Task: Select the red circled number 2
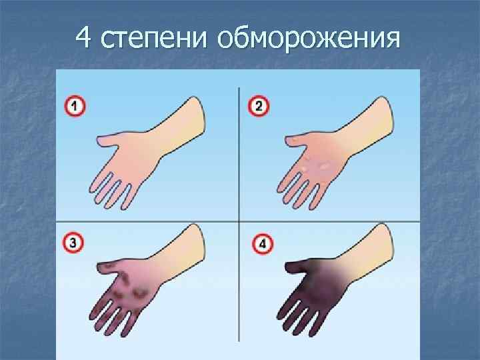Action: point(259,107)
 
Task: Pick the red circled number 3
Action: point(75,243)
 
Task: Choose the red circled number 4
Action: point(262,244)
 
